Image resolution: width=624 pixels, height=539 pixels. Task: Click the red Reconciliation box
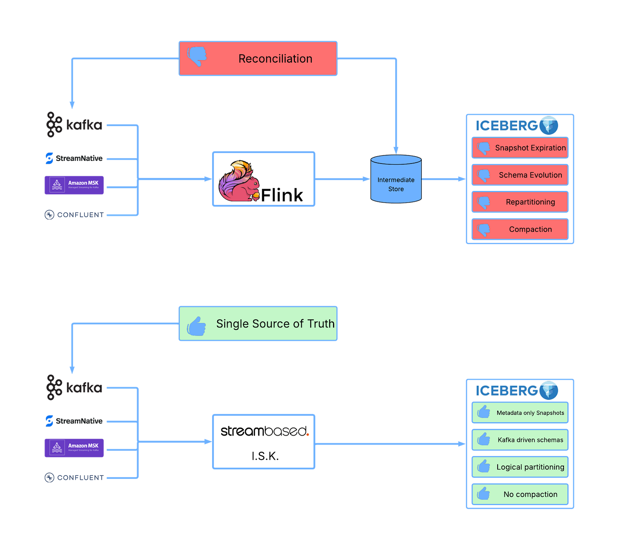(x=258, y=58)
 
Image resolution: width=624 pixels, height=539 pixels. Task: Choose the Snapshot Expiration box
(x=520, y=148)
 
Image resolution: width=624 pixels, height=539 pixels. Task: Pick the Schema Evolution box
(x=520, y=175)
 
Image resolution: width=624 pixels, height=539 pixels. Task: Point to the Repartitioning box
(x=520, y=202)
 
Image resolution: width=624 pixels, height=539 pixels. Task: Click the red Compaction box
(x=520, y=229)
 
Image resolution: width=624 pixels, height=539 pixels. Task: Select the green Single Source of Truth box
(x=258, y=324)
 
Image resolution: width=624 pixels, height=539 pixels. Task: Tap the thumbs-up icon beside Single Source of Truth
(x=197, y=326)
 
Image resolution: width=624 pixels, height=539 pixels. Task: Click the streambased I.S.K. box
(x=264, y=442)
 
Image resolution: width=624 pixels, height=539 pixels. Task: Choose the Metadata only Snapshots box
(x=520, y=413)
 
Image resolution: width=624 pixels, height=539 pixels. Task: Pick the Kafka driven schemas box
(x=520, y=440)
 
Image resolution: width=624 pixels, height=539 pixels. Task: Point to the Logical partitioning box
(x=520, y=467)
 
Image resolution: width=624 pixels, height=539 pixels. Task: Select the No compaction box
(x=520, y=494)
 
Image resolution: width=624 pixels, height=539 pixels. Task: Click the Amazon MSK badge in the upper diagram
(x=74, y=185)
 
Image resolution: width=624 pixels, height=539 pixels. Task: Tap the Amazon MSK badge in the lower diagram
(x=74, y=448)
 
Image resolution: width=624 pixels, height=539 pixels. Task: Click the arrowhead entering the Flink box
(x=208, y=179)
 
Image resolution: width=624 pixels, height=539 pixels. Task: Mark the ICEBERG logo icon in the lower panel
(x=549, y=390)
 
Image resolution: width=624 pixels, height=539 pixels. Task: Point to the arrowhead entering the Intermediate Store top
(x=396, y=151)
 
